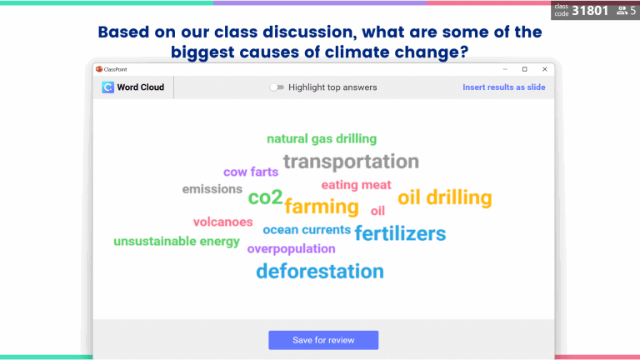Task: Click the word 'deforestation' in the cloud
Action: coord(320,271)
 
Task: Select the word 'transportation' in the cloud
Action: coord(351,161)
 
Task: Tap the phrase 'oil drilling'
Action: coord(444,197)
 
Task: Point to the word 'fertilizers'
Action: coord(400,233)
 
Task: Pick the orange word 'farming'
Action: coord(322,206)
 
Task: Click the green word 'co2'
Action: coord(265,197)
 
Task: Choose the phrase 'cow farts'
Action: coord(251,172)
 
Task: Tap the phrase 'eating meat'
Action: coord(356,185)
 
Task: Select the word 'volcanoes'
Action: coord(222,222)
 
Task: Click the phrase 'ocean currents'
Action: coord(307,230)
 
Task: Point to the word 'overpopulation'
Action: coord(291,248)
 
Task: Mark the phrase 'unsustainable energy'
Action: coord(177,242)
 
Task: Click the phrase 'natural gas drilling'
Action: coord(322,138)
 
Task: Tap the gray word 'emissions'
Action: coord(212,189)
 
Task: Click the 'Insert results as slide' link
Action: coord(504,87)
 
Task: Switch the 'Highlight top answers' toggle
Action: coord(277,87)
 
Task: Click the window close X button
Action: coord(544,69)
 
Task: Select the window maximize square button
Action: coord(524,69)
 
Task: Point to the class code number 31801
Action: coord(590,11)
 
